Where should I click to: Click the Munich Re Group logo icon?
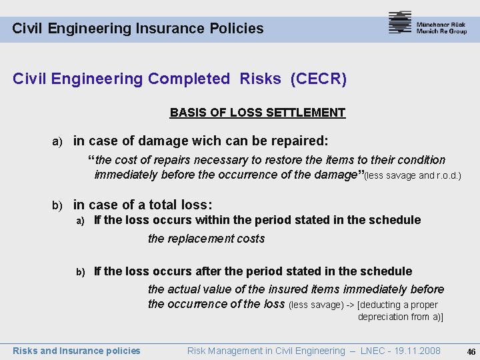tap(400, 23)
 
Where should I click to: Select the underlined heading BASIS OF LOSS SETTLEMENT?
tap(257, 113)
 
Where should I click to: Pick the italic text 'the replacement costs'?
tap(206, 239)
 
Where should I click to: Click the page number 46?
tap(471, 351)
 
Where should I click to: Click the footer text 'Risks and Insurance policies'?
tap(77, 351)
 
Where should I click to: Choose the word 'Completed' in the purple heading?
tap(189, 79)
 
